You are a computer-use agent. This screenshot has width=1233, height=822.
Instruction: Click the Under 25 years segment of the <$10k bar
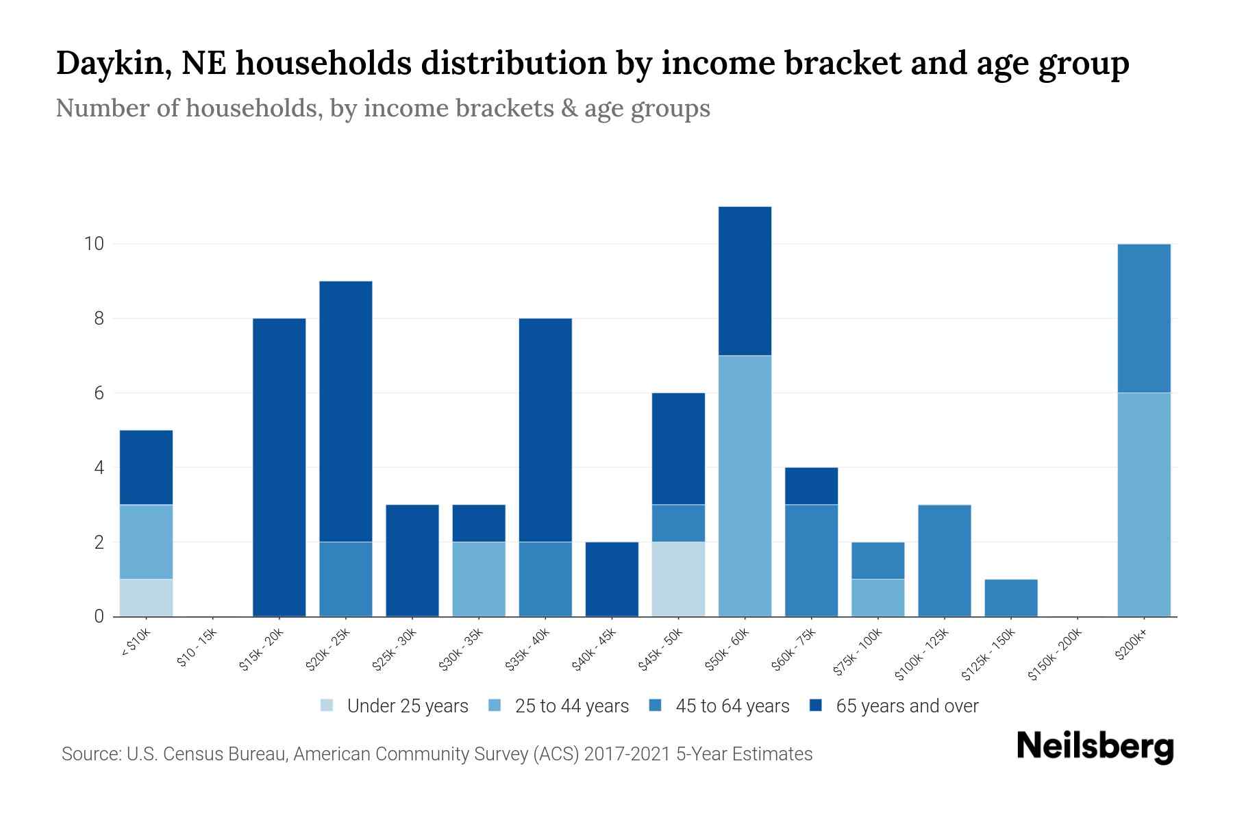point(146,597)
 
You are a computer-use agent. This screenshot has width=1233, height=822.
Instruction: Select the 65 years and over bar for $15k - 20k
point(279,467)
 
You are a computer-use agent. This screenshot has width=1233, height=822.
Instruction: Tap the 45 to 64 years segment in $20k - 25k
point(345,579)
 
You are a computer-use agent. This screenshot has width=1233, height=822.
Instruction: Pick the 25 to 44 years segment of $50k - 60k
point(745,486)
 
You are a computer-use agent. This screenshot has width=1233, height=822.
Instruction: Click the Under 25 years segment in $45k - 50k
point(678,579)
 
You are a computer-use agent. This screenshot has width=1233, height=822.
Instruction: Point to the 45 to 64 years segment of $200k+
point(1143,318)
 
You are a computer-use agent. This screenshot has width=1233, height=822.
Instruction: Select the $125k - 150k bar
point(1010,597)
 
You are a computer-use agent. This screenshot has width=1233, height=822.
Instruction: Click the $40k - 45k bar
point(612,579)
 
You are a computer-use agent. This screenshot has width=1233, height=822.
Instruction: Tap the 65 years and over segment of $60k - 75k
point(811,486)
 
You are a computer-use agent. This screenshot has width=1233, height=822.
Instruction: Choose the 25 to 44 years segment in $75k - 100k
point(877,597)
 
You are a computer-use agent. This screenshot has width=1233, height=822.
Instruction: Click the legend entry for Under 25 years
point(395,706)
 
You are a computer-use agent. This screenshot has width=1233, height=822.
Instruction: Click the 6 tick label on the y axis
point(99,393)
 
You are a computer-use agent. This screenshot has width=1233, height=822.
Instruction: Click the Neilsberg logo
point(1095,747)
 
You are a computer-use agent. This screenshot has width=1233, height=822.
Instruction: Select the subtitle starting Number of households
point(382,108)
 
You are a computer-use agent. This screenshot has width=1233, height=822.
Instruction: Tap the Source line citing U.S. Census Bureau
point(436,754)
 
